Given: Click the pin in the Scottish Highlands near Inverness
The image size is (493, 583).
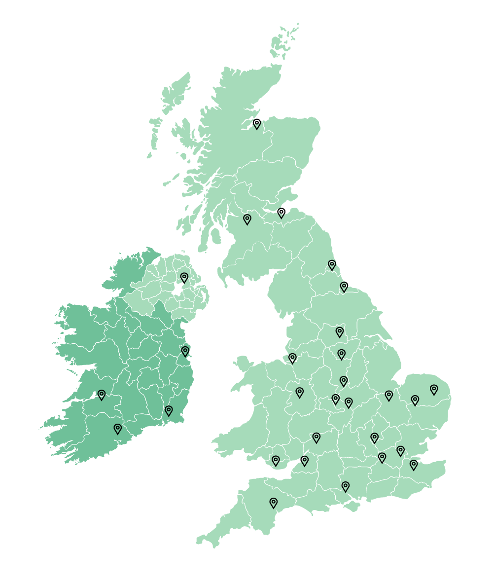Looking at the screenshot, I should pos(257,124).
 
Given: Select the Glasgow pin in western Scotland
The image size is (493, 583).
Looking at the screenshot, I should pos(247,219).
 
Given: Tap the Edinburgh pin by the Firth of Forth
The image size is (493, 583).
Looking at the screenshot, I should pos(282,213).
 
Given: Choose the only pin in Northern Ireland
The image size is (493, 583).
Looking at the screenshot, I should pos(184,278).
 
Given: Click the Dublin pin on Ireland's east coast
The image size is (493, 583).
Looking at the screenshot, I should pos(185,351).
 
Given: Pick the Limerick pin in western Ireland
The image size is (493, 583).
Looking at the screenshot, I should pos(102,395).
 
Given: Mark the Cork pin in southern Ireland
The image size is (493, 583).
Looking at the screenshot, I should pos(118,429).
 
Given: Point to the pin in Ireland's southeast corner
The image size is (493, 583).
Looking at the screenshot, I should pos(169,410).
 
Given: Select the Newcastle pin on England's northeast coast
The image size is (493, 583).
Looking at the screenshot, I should pos(332,265).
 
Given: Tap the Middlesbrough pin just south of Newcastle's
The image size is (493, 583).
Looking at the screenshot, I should pos(344,287).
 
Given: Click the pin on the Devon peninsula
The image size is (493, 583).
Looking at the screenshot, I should pos(274,503).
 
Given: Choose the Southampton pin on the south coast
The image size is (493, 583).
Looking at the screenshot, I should pos(346,486).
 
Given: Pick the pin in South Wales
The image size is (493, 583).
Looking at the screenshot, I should pos(276,461).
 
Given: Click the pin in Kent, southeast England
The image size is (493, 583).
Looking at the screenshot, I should pos(414,464).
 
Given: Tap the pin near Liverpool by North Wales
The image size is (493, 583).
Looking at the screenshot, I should pos(293,358).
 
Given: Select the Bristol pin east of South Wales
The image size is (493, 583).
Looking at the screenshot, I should pos(305,461).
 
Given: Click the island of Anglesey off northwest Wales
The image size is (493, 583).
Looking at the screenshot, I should pos(242,364).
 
